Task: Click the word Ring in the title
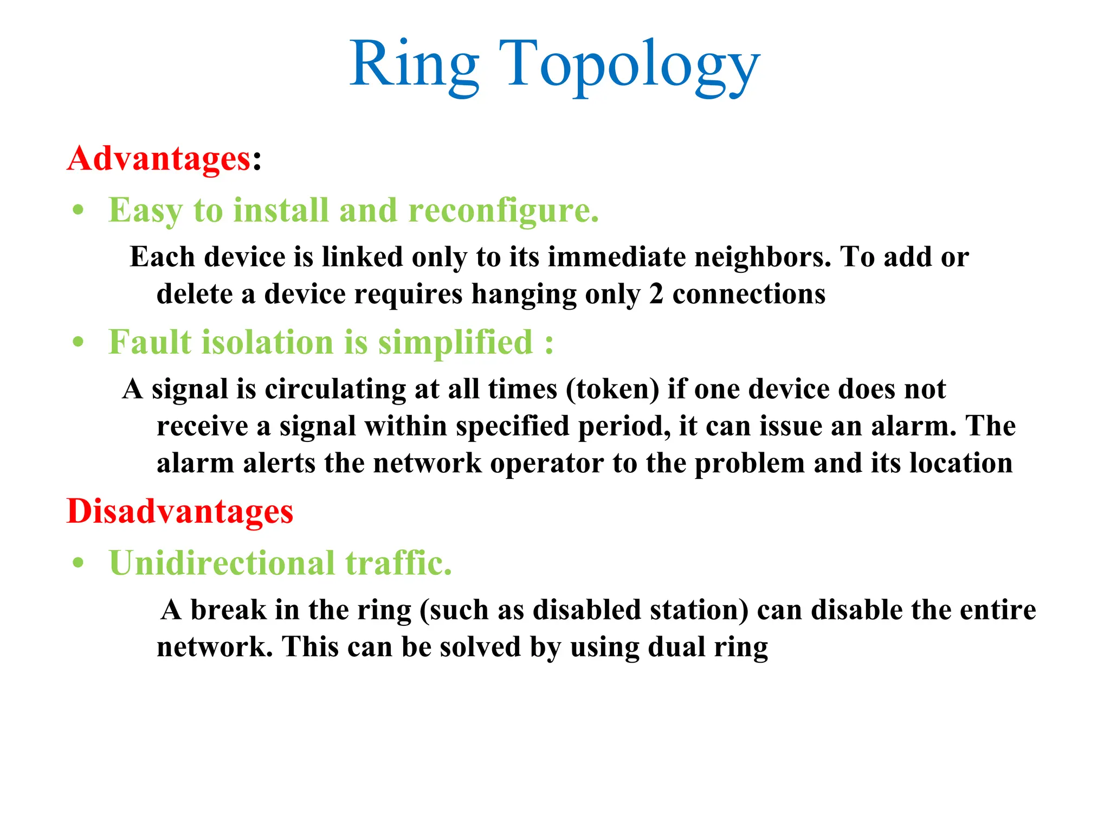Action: pos(415,65)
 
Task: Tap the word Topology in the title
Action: pos(629,65)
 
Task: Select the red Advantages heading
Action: pos(159,159)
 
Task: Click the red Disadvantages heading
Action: pos(179,511)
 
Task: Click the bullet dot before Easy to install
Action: pos(79,210)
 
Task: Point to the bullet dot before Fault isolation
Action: pos(79,343)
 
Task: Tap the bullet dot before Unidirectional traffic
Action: pos(79,563)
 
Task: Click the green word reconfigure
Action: pos(504,210)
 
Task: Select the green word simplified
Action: pos(455,343)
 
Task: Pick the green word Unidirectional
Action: pos(222,563)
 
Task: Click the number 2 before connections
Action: pos(656,294)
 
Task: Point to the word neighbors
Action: pos(763,257)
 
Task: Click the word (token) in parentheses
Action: pos(612,389)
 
